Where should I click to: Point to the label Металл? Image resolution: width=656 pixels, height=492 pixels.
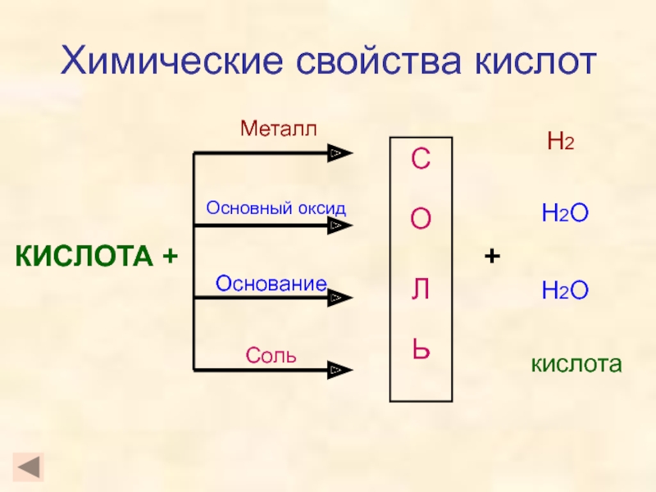278,128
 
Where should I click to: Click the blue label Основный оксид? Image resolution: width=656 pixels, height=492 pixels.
276,208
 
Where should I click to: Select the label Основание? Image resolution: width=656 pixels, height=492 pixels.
271,283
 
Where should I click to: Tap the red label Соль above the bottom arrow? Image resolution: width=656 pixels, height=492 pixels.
271,357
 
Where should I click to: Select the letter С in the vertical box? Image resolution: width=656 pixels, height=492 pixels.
421,161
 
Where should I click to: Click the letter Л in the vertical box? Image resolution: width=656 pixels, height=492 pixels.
421,289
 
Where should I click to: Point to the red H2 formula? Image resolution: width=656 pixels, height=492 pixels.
561,143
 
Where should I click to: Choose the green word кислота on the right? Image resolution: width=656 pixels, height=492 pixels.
576,363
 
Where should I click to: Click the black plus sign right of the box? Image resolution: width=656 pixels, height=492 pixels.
492,257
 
